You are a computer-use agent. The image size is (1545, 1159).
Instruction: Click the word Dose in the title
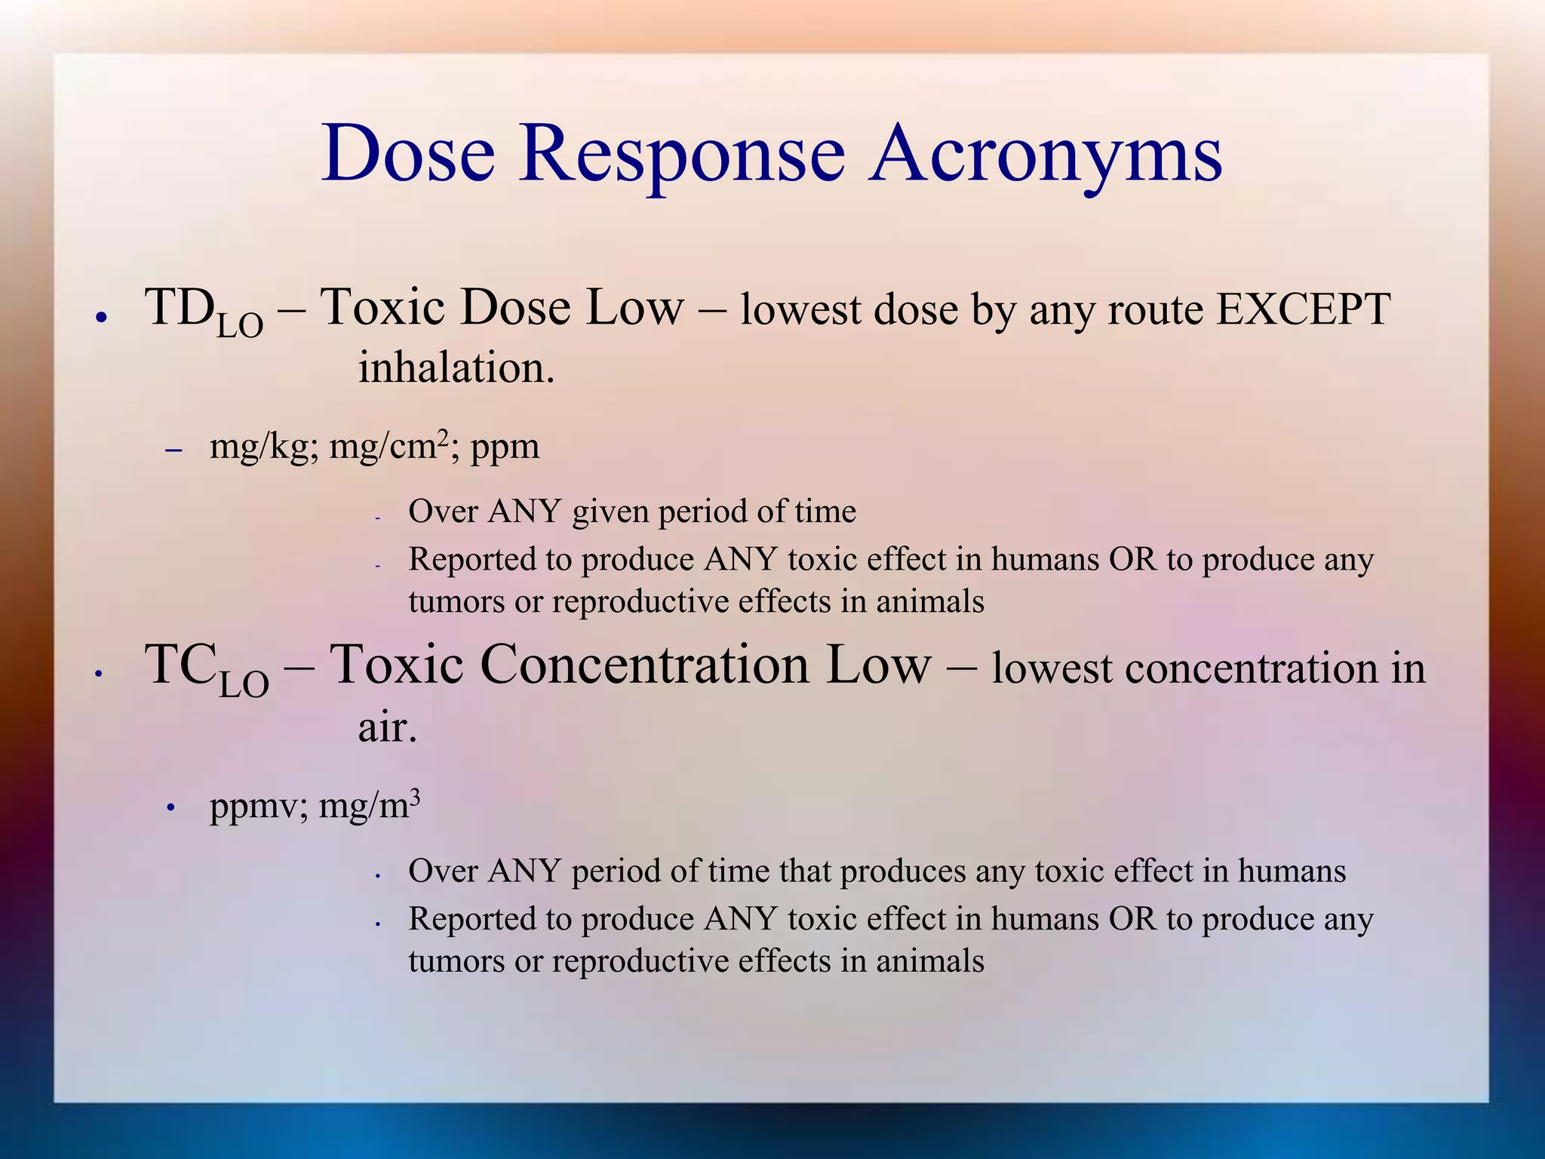tap(408, 154)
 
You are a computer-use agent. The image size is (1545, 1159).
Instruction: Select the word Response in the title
tap(681, 154)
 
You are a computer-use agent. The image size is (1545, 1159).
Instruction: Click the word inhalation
tap(456, 368)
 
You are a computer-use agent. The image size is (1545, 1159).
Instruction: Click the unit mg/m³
tap(369, 805)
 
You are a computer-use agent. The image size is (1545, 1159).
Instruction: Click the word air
tap(386, 727)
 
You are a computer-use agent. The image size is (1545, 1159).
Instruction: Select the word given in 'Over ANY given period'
tap(610, 512)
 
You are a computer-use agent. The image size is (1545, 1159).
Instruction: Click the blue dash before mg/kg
tap(174, 450)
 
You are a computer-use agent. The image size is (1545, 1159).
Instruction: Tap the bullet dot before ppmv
tap(171, 809)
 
